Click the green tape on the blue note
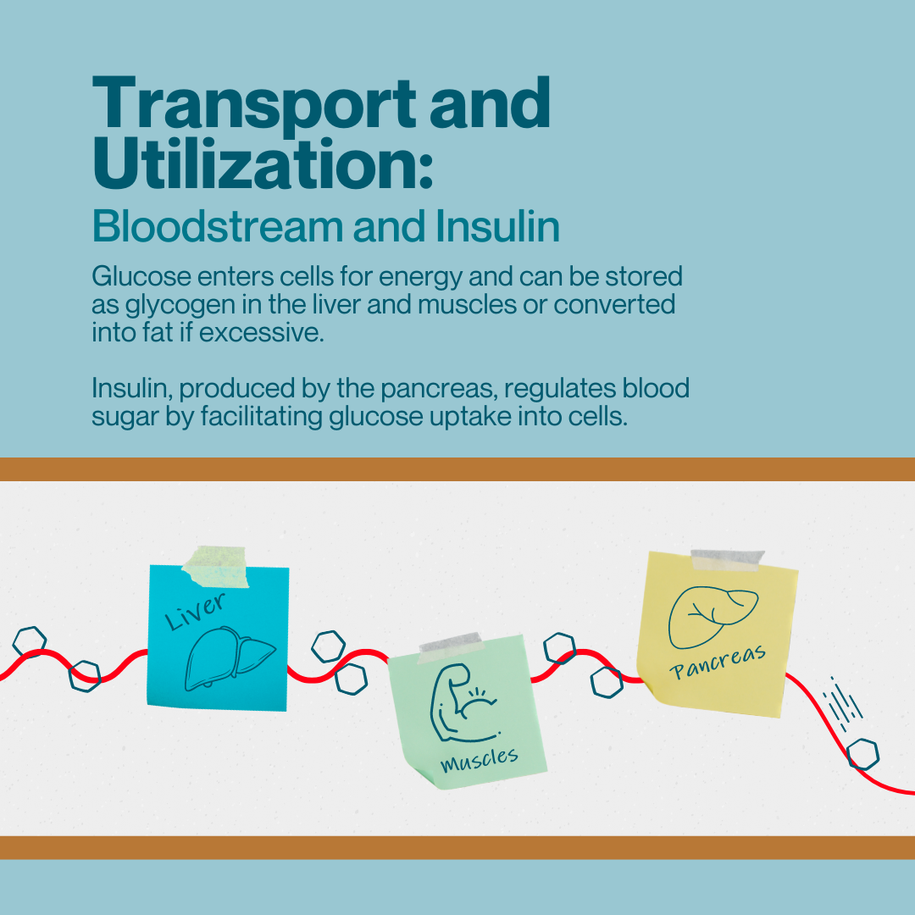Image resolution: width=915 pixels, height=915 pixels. tap(216, 566)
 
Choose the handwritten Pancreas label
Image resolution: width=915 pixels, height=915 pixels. tap(718, 663)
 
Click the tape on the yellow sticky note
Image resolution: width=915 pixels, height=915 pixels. tap(728, 560)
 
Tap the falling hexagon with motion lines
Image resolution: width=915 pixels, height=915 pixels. tap(862, 752)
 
